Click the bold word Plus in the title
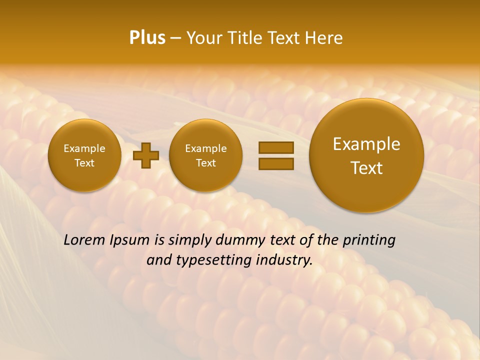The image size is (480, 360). [x=147, y=38]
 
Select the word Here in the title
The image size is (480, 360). [x=323, y=38]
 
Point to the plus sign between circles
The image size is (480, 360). [x=146, y=155]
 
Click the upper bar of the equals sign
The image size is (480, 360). [x=276, y=147]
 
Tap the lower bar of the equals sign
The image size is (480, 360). [x=276, y=163]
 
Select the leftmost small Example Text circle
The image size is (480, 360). [x=84, y=155]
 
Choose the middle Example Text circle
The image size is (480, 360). [x=206, y=155]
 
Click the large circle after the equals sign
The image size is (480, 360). [x=366, y=155]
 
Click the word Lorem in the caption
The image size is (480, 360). [x=84, y=240]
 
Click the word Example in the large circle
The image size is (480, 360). [x=366, y=144]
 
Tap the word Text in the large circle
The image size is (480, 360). [x=366, y=168]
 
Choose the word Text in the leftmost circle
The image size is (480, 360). [x=84, y=163]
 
